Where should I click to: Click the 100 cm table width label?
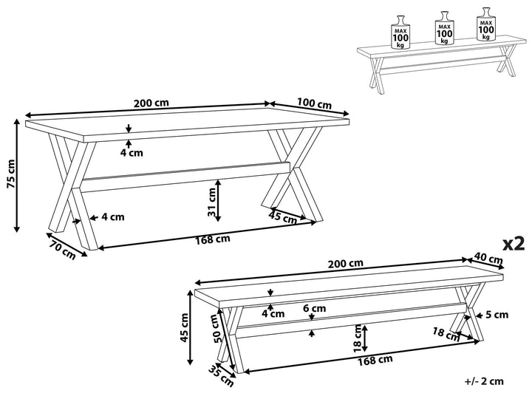(x=314, y=104)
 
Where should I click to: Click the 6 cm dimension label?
(x=314, y=308)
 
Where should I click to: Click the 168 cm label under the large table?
(x=213, y=239)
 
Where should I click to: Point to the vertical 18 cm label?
(x=358, y=338)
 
